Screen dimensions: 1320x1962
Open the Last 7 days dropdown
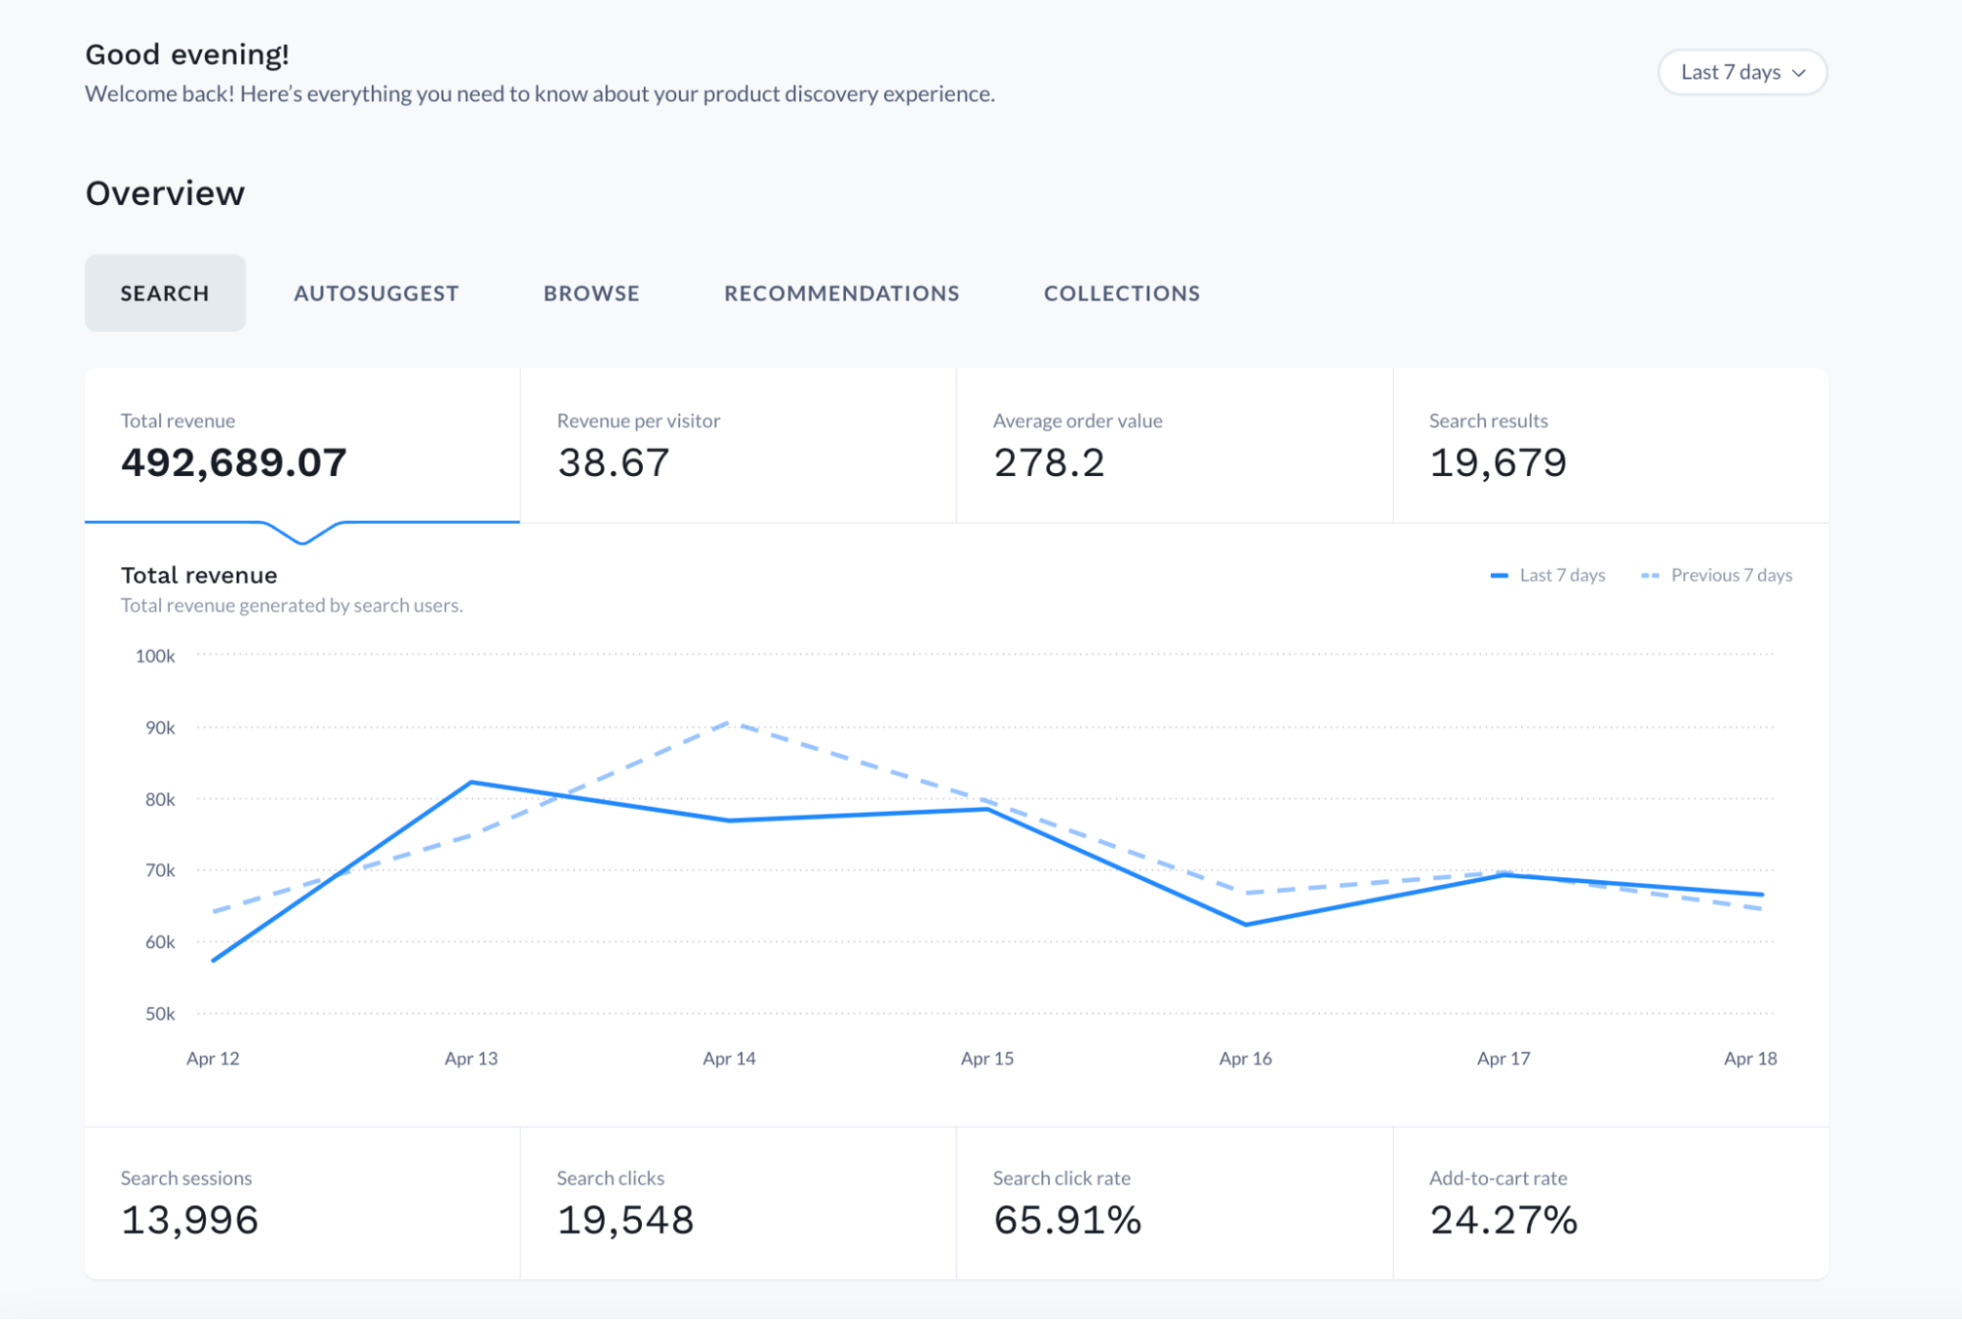pos(1741,73)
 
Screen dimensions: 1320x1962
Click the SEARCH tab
pos(165,293)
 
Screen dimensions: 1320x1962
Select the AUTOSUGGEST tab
pos(376,293)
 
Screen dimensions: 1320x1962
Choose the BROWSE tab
pos(591,293)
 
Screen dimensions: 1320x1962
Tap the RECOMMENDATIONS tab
pos(841,293)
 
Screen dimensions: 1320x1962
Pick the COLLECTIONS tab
pos(1121,293)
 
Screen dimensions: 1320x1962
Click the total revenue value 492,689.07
pos(234,462)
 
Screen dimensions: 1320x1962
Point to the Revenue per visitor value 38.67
pos(613,462)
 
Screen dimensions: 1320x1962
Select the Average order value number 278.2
pos(1048,462)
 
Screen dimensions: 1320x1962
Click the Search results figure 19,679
pos(1497,462)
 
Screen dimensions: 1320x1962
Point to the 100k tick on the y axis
pos(155,656)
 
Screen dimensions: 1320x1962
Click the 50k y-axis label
pos(159,1014)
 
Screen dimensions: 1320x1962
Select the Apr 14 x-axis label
pos(729,1058)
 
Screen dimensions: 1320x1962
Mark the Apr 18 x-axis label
pos(1750,1058)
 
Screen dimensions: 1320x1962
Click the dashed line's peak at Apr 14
pos(730,723)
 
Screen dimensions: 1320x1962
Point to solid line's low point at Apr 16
pos(1246,924)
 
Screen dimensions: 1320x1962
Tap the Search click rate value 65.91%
pos(1067,1220)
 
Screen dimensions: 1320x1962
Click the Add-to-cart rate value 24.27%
pos(1503,1220)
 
